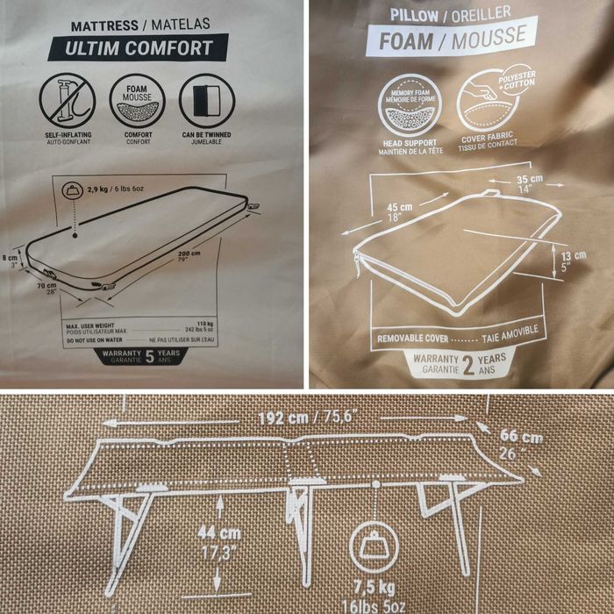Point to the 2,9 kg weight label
[x=104, y=189]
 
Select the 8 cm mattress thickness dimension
[x=10, y=261]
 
